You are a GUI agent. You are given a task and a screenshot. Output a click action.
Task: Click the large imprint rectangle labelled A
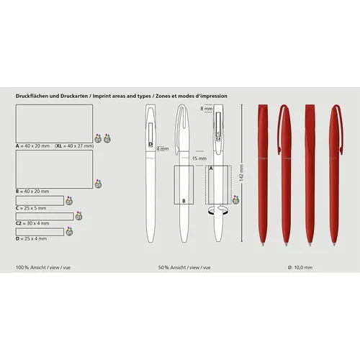(54, 122)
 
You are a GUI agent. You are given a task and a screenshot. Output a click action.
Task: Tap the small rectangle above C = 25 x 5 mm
(40, 201)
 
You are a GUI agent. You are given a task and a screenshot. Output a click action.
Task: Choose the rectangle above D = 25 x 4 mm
(40, 230)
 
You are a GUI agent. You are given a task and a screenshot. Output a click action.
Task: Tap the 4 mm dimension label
(162, 149)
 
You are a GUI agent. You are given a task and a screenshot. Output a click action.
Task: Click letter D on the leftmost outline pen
(149, 144)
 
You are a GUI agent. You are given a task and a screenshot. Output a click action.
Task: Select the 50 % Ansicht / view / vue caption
(184, 267)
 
